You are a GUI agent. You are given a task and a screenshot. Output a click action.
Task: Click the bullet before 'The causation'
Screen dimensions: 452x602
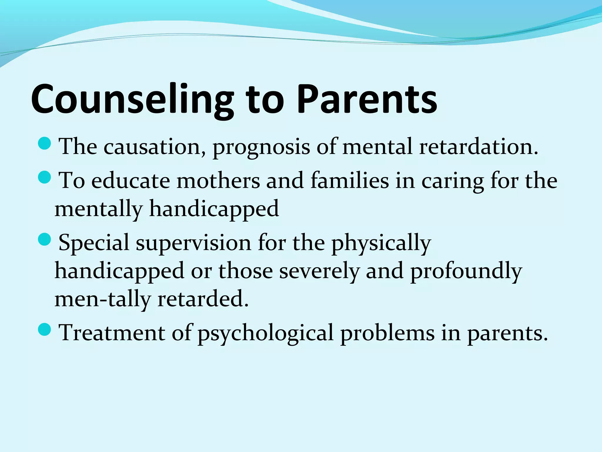coord(45,143)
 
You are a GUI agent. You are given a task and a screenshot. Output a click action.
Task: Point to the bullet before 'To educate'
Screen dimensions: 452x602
coord(45,177)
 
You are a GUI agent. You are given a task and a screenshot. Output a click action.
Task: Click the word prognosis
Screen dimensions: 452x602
coord(261,147)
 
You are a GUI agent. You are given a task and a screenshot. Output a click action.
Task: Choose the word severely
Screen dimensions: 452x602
coord(319,271)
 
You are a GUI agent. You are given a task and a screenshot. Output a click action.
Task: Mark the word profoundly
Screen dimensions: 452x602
coord(466,271)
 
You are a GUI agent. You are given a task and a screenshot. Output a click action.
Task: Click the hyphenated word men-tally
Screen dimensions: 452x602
coord(103,300)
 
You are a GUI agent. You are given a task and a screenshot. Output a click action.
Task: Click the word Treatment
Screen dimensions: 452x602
coord(112,333)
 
